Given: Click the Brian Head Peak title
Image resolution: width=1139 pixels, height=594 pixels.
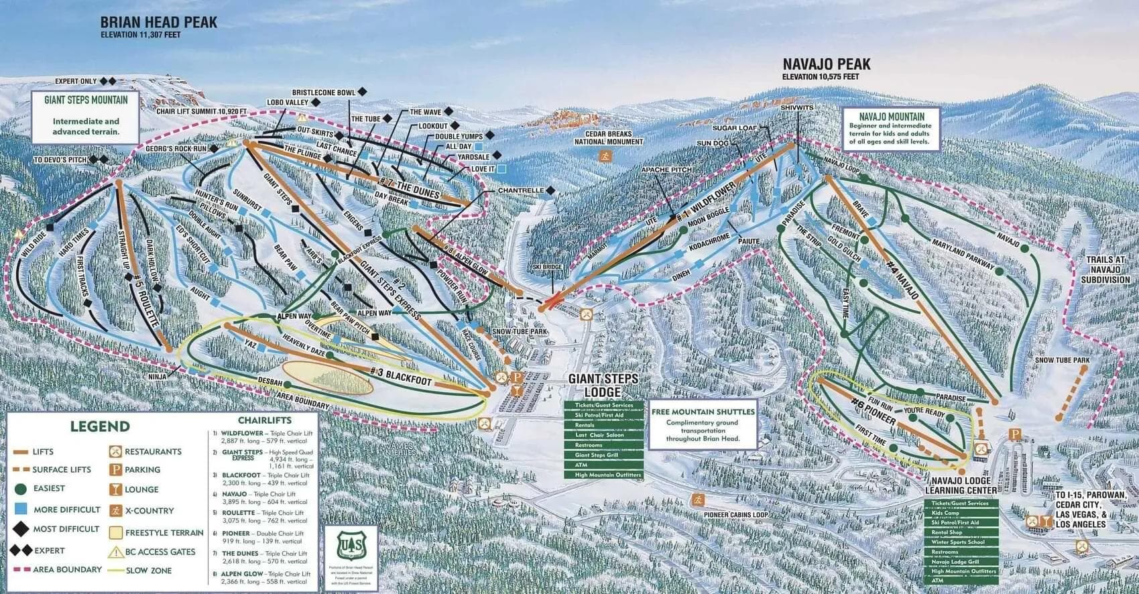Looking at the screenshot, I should coord(158,22).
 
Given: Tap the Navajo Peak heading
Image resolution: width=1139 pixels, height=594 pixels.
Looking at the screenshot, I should coord(826,64).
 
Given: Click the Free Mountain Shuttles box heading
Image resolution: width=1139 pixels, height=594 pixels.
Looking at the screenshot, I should coord(703,412).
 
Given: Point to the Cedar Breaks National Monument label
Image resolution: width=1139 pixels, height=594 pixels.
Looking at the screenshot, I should coord(609,137).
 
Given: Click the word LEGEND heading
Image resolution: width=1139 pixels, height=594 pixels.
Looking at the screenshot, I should coord(100,426).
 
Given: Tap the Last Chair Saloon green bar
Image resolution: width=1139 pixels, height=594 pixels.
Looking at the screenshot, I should coord(603,435).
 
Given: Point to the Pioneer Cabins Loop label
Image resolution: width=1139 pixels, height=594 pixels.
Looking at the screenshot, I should coord(735,515).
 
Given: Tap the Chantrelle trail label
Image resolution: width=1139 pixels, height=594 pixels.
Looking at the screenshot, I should coord(521,191).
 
